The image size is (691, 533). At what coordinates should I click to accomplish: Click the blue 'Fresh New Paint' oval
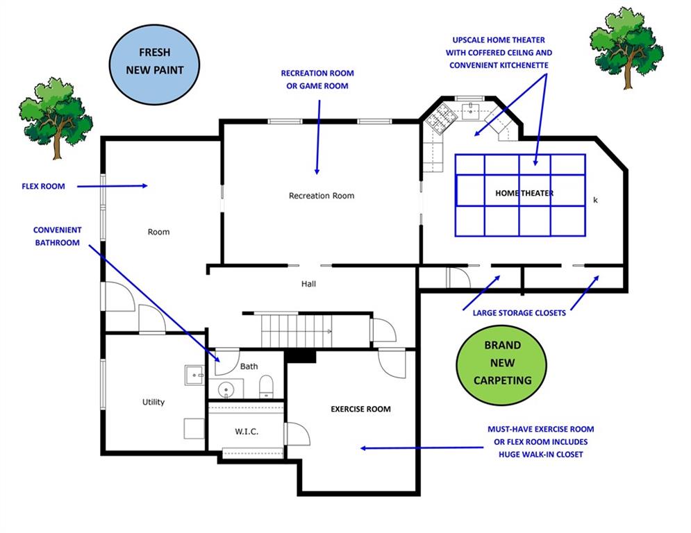pos(155,61)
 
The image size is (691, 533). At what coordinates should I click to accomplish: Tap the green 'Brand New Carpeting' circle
pos(498,362)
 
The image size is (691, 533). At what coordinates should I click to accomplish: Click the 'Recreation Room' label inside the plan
pos(322,196)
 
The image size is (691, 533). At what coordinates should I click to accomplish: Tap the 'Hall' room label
pos(308,284)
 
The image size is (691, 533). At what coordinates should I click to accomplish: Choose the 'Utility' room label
pos(153,402)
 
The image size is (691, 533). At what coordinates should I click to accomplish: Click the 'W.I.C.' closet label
pos(247,432)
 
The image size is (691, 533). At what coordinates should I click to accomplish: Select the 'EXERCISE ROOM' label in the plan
pos(360,409)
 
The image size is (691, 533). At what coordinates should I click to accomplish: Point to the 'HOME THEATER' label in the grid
pos(524,193)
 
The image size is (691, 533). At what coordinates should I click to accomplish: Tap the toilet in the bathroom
pos(267,387)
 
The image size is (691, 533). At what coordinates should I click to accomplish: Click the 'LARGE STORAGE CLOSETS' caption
pos(519,313)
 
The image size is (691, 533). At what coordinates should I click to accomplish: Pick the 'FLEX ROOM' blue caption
pos(43,186)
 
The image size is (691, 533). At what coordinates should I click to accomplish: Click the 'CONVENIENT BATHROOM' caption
pos(57,236)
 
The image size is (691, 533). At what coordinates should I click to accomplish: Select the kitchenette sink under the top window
pos(472,109)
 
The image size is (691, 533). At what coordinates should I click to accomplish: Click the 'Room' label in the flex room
pos(158,232)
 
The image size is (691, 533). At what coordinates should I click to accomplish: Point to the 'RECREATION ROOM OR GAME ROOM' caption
pos(317,79)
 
